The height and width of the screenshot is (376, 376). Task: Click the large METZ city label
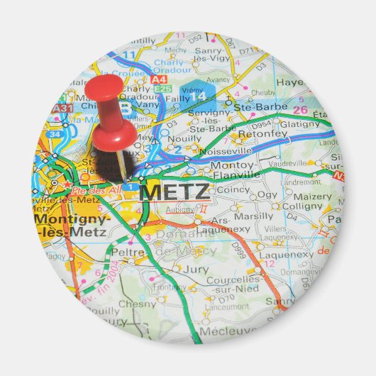(x=175, y=192)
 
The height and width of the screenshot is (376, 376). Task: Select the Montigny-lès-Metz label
(x=71, y=224)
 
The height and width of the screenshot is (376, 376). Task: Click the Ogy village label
(x=267, y=194)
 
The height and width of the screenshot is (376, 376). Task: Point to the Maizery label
(x=311, y=197)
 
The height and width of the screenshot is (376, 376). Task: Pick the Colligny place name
(x=303, y=206)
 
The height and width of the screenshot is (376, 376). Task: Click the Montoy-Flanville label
(x=235, y=170)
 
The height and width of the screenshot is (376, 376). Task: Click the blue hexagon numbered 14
(x=200, y=93)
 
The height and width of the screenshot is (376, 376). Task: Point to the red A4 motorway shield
(x=159, y=79)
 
